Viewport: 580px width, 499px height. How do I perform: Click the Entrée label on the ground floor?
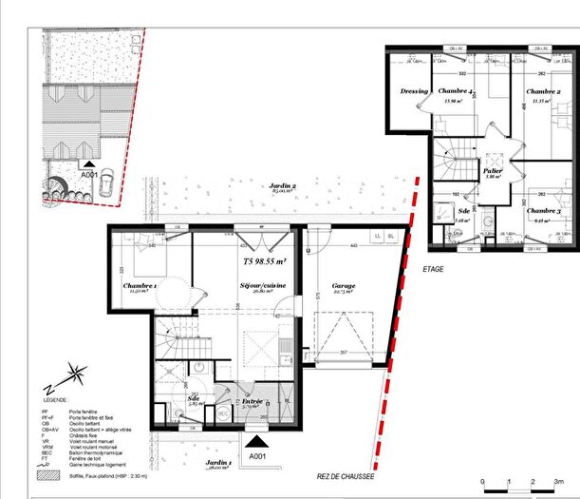[x=252, y=401]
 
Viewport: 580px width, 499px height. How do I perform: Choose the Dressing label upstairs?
[x=414, y=91]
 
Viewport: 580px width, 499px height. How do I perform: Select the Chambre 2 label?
[x=542, y=91]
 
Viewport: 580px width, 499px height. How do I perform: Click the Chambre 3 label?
[x=542, y=210]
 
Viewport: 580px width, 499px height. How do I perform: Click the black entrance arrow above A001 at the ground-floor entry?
[x=253, y=440]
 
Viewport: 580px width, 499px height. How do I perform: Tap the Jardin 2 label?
[x=283, y=186]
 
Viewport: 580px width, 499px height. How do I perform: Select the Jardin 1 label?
[x=218, y=463]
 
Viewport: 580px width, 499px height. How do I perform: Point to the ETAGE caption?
[x=433, y=269]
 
